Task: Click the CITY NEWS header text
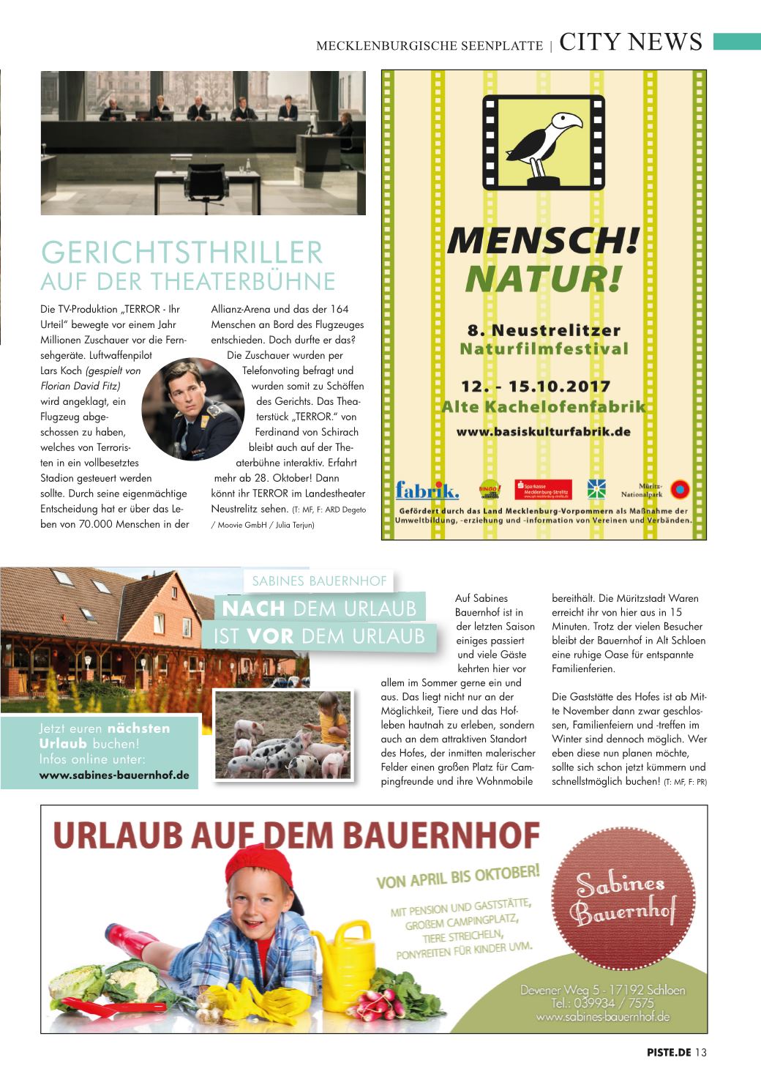click(630, 42)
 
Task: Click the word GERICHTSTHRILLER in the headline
click(182, 253)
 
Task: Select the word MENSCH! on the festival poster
click(544, 242)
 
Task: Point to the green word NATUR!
click(544, 277)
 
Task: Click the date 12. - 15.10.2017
click(536, 386)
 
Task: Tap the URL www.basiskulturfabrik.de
click(544, 432)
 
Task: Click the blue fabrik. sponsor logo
click(427, 490)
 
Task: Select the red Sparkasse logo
click(542, 489)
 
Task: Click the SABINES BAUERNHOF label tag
click(319, 581)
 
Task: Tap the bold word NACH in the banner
click(253, 608)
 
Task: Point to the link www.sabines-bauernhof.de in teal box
click(114, 775)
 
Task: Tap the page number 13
click(701, 1053)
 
